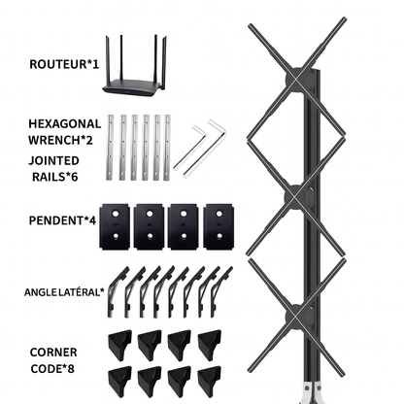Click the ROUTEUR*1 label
tap(64, 64)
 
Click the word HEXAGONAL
tap(65, 123)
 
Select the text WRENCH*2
tap(60, 140)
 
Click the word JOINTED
tap(53, 160)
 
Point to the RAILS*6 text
tap(55, 177)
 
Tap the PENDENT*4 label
tap(62, 220)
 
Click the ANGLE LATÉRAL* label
tap(64, 292)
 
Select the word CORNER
tap(53, 353)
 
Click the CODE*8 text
tap(52, 368)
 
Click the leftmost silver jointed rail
tap(111, 147)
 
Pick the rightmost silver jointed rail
tap(167, 148)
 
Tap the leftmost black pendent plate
tap(116, 226)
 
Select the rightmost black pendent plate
tap(219, 226)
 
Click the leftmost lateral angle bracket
tap(115, 291)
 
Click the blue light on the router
tap(129, 93)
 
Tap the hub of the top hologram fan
tap(295, 79)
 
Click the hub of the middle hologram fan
tap(295, 197)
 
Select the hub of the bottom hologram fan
tap(295, 315)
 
